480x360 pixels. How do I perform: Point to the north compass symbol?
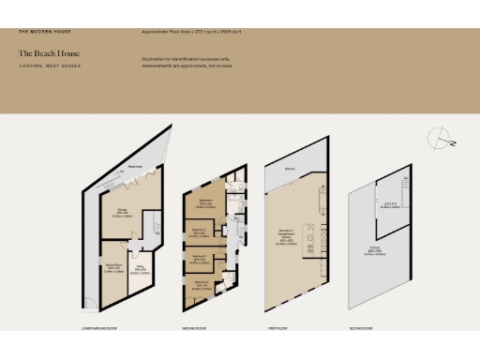point(441,141)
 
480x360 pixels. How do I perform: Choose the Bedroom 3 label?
point(200,258)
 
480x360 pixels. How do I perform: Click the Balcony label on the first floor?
point(290,169)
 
